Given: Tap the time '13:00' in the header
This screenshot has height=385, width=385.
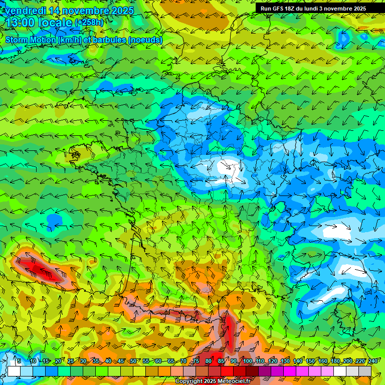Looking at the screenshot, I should (x=21, y=22).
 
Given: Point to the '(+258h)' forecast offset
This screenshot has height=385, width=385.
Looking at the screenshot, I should (x=89, y=23).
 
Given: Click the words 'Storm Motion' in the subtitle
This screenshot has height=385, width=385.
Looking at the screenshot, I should (x=30, y=40).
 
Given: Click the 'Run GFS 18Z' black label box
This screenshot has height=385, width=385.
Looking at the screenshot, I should (x=313, y=9).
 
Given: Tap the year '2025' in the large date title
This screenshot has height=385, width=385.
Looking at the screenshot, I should (x=120, y=11).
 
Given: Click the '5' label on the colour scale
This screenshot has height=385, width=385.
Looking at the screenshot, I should (x=19, y=361).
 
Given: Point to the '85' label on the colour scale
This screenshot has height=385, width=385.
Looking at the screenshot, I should (x=221, y=361).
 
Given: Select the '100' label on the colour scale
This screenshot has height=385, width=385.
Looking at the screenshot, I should (x=248, y=361).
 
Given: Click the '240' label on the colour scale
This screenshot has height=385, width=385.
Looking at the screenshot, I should (x=372, y=361).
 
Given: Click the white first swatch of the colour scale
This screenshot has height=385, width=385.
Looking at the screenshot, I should (x=14, y=371).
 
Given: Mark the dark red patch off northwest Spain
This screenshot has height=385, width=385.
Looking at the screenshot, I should (x=38, y=268).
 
